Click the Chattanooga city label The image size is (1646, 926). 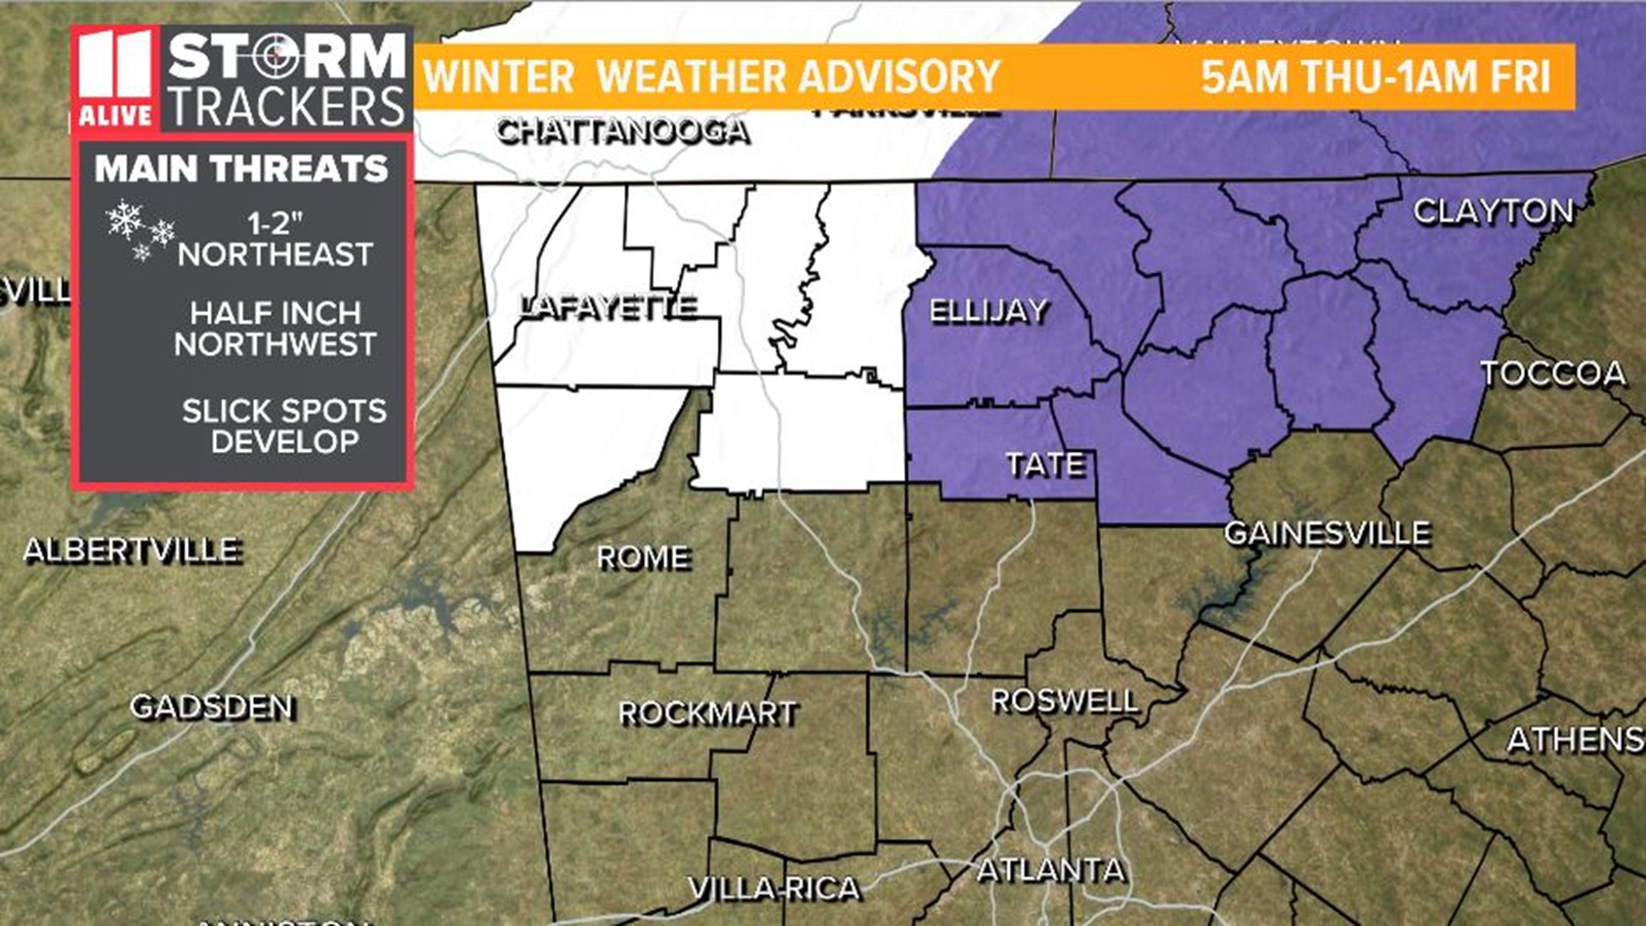click(623, 132)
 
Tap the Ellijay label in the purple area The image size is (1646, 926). click(988, 310)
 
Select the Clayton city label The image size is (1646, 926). click(1493, 211)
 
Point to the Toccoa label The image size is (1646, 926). click(1553, 374)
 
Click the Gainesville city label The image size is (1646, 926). click(1327, 533)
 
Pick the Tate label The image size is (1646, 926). click(1046, 465)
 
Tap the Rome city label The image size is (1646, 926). click(643, 558)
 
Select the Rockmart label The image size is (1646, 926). click(708, 713)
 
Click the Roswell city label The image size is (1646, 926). click(1065, 701)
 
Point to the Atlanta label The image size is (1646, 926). click(1051, 870)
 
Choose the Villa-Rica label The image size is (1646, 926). click(774, 888)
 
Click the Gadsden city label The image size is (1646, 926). click(213, 707)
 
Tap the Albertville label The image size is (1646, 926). click(132, 550)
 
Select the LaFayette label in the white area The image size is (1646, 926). click(610, 307)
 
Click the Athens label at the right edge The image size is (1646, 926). click(1576, 740)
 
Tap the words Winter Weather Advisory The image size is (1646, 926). click(712, 77)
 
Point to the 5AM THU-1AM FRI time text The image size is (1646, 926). click(1375, 77)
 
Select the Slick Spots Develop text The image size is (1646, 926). click(284, 426)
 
